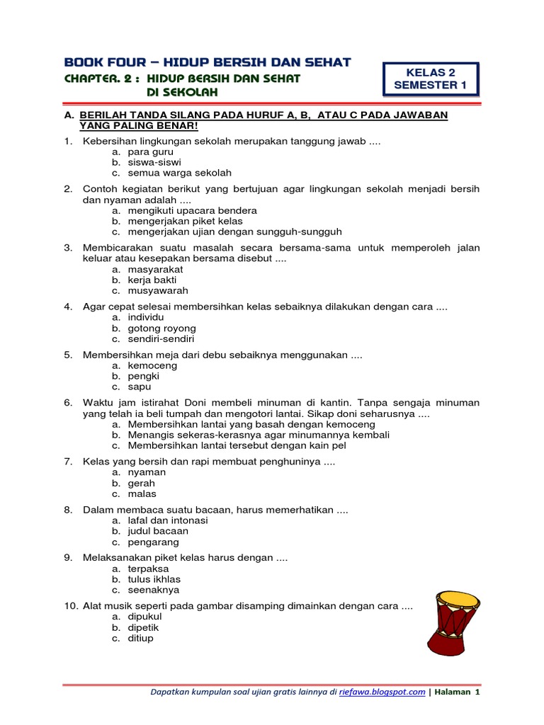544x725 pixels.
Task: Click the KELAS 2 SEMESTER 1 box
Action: [x=431, y=79]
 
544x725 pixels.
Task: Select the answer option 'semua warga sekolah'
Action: [x=179, y=173]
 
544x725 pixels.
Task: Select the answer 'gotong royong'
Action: [x=161, y=329]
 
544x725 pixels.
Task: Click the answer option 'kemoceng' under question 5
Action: [x=152, y=365]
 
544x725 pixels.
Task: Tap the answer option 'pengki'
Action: [x=142, y=377]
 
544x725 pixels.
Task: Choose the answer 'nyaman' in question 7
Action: [x=147, y=472]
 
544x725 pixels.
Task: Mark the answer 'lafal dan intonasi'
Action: [x=168, y=520]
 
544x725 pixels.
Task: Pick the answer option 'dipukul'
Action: [x=145, y=617]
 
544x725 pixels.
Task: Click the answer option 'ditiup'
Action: [x=140, y=638]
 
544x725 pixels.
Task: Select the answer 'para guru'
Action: [x=150, y=152]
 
